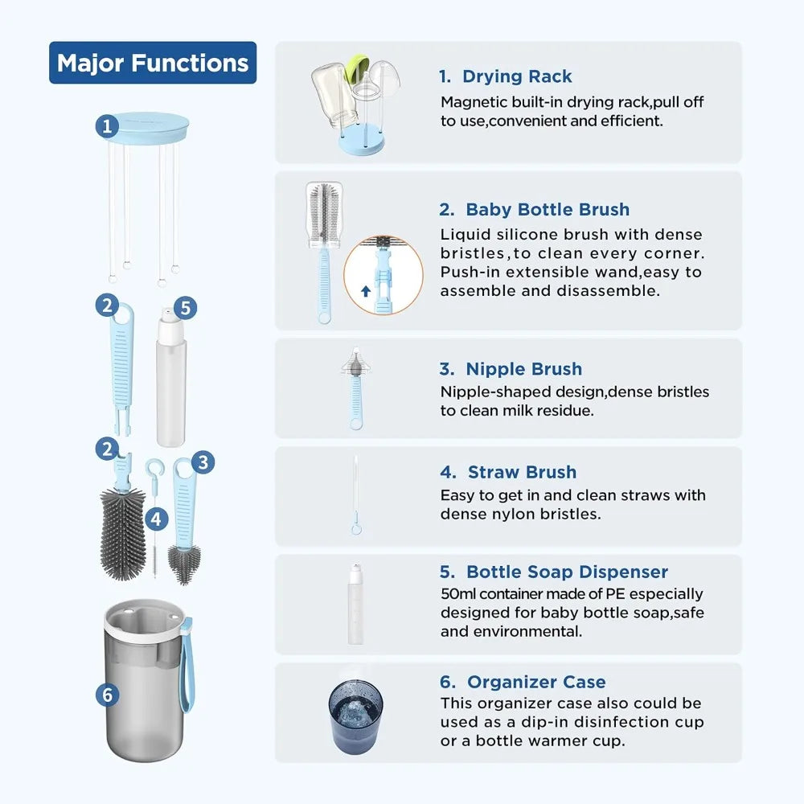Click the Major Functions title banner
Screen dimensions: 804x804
(x=153, y=63)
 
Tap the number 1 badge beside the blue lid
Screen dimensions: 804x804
(x=108, y=125)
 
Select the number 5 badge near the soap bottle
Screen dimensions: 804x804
(x=184, y=308)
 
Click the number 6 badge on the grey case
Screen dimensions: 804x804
(x=108, y=694)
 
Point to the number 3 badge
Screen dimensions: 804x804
(x=203, y=461)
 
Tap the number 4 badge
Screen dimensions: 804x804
(x=156, y=519)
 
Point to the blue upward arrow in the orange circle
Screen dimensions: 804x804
(x=366, y=291)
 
